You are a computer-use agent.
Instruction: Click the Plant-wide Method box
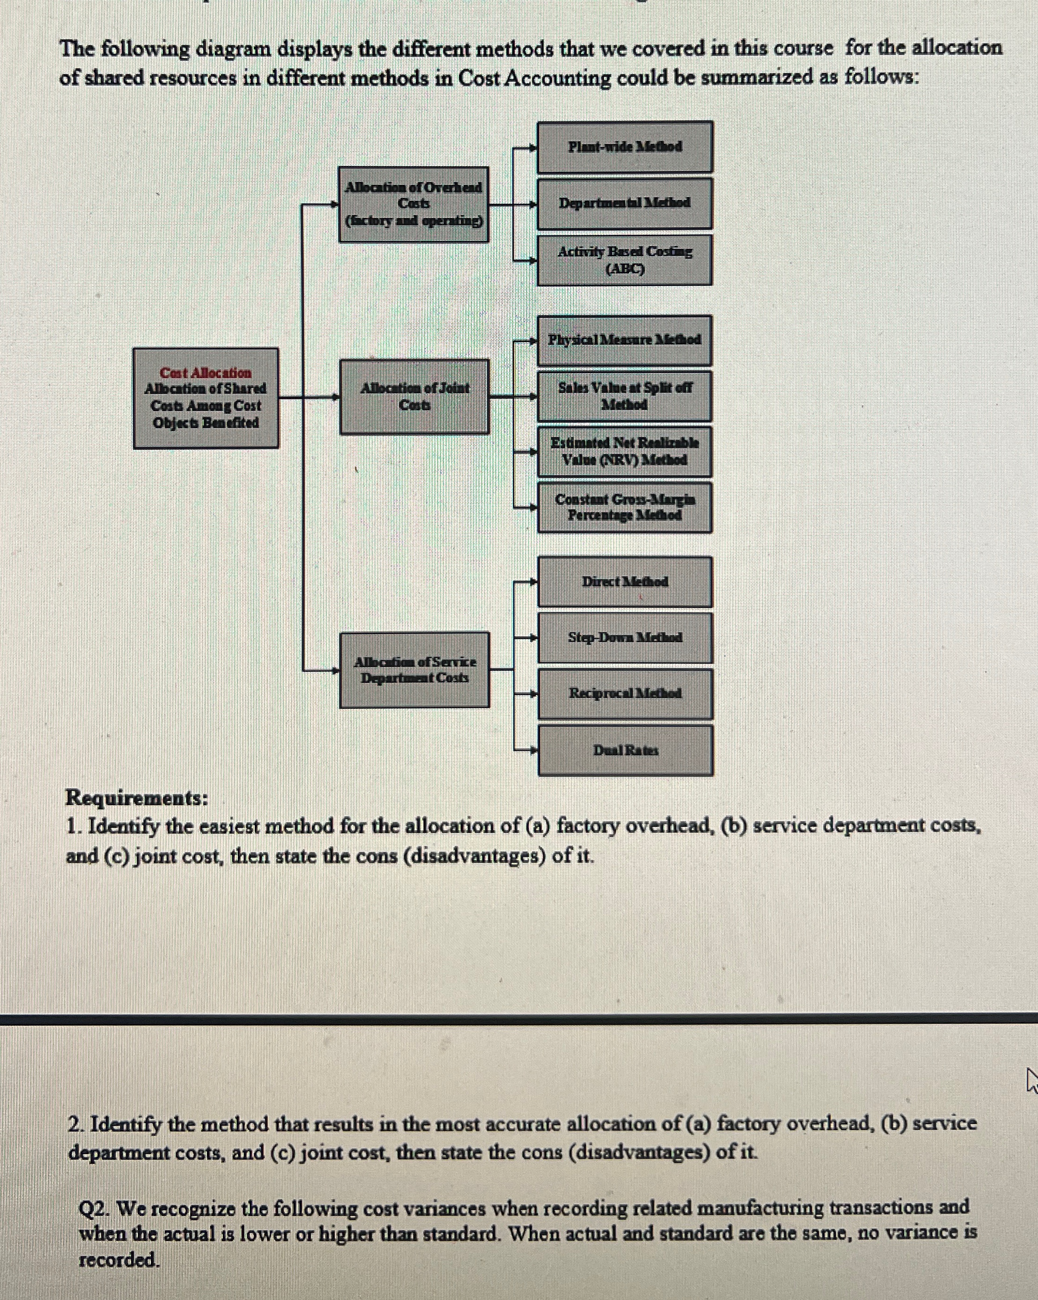(625, 147)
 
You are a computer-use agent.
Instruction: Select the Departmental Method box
(625, 203)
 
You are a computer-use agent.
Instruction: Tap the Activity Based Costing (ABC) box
(625, 260)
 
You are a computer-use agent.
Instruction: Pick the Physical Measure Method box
(625, 340)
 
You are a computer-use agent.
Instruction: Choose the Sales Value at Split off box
(625, 396)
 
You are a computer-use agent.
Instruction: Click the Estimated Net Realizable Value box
(625, 451)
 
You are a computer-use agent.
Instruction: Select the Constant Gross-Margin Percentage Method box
(625, 507)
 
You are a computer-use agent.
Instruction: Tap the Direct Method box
(625, 582)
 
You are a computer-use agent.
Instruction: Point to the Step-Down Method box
(625, 638)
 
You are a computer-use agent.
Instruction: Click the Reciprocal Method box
(625, 694)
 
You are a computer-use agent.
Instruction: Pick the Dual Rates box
(625, 751)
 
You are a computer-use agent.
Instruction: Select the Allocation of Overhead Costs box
(413, 204)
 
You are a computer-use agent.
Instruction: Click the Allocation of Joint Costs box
(414, 397)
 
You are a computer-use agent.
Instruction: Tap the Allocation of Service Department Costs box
(414, 670)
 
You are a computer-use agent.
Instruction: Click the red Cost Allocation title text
(206, 373)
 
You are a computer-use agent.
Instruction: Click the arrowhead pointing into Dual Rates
(533, 751)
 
